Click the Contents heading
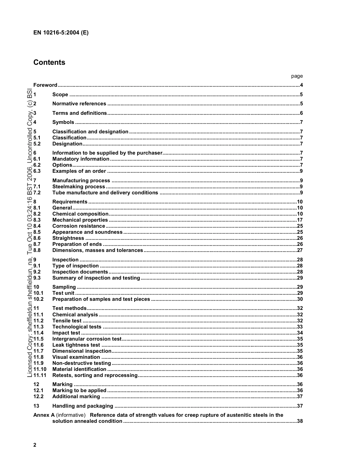point(49,63)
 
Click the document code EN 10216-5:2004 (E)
point(61,33)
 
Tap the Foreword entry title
point(45,85)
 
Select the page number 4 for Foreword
point(301,85)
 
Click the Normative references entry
point(79,104)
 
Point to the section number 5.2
point(37,144)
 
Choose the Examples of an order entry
point(79,171)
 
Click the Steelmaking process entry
point(78,187)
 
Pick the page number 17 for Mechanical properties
point(299,220)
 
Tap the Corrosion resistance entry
point(78,226)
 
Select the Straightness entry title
point(68,238)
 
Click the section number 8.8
point(37,250)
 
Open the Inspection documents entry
point(80,272)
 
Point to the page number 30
point(299,299)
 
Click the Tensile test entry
point(67,321)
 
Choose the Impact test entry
point(66,333)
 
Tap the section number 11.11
point(39,375)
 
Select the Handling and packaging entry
point(83,406)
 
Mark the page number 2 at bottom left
point(35,445)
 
